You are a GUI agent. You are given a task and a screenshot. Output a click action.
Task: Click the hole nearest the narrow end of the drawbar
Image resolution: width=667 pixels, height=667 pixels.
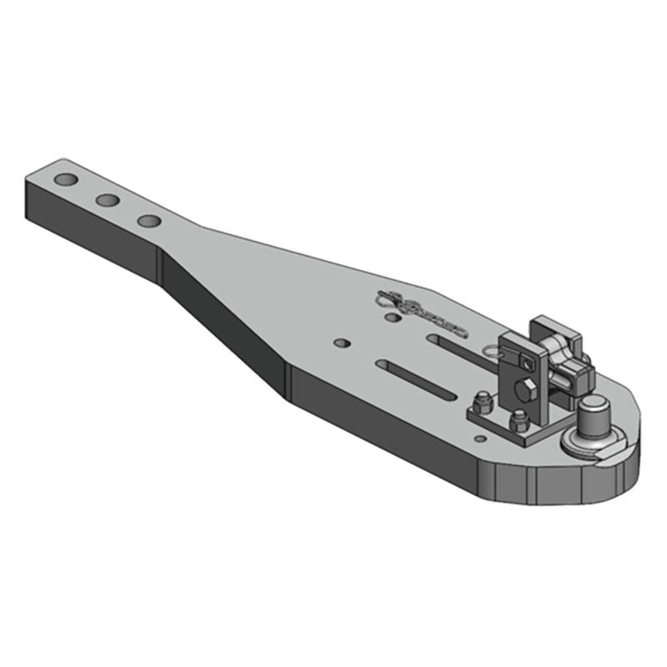(x=64, y=180)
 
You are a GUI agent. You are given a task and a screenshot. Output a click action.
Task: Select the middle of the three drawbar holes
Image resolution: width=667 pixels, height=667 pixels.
(x=107, y=200)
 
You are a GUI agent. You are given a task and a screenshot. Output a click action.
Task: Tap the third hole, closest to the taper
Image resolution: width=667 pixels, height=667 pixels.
(x=149, y=221)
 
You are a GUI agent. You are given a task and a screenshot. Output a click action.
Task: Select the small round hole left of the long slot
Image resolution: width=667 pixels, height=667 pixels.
(x=339, y=343)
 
